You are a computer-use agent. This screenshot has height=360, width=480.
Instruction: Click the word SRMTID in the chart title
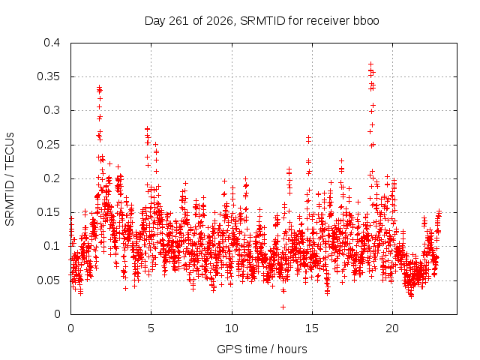(262, 21)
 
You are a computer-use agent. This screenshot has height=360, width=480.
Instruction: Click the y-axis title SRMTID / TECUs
(10, 179)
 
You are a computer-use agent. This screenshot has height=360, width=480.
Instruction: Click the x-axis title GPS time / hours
(262, 349)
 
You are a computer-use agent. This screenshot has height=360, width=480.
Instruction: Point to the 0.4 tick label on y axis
(52, 43)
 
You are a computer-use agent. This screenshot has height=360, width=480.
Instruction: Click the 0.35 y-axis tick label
(48, 76)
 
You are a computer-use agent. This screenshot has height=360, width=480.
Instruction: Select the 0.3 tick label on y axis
(52, 110)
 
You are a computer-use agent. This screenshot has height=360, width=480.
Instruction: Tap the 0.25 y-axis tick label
(48, 145)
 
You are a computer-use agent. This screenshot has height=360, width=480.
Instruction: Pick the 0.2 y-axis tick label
(52, 178)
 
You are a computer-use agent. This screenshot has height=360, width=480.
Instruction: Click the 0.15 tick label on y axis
(48, 212)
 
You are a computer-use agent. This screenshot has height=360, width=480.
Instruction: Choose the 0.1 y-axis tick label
(52, 246)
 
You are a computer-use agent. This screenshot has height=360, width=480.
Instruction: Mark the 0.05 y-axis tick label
(48, 280)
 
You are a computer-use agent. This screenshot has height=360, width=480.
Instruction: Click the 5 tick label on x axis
(151, 328)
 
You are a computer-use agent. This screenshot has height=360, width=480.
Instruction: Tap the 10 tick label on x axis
(232, 328)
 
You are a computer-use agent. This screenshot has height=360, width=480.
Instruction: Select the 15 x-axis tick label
(312, 328)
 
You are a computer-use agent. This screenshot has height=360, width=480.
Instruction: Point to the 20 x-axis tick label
(392, 328)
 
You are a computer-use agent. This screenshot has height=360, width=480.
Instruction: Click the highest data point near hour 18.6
(370, 64)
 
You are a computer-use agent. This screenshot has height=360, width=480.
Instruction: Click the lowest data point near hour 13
(283, 307)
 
